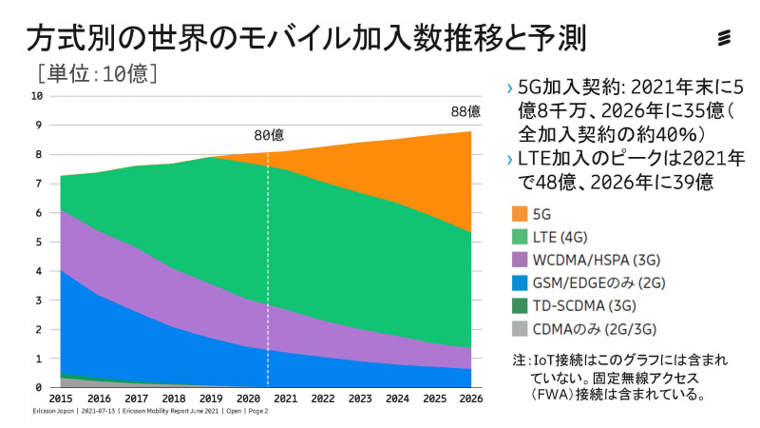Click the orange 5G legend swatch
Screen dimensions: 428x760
pos(519,214)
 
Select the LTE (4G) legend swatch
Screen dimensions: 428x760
pos(519,237)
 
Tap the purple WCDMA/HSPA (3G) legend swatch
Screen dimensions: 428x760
pos(519,260)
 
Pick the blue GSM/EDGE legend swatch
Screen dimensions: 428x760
pos(519,282)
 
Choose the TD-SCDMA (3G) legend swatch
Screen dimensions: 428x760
pos(519,305)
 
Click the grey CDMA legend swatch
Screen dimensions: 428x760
pos(519,329)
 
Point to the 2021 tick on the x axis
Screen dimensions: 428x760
pos(286,398)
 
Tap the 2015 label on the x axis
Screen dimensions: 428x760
pos(60,398)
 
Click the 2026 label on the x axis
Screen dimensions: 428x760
pos(471,398)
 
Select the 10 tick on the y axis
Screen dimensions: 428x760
pos(38,95)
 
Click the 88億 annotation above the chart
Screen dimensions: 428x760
pos(465,111)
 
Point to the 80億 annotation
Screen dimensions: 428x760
pos(270,134)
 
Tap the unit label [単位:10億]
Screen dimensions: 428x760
pos(95,72)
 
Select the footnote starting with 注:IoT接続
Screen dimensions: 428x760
pos(609,378)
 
